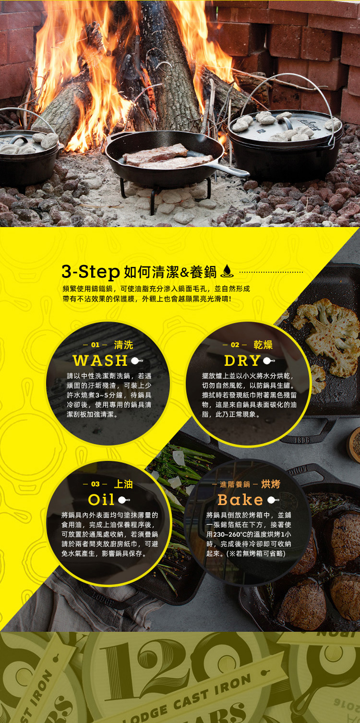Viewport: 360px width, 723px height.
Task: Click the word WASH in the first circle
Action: [x=100, y=361]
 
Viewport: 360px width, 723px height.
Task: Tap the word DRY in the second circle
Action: [x=242, y=361]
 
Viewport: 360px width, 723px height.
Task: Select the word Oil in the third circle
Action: [x=101, y=500]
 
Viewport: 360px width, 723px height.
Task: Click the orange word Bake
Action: [x=240, y=500]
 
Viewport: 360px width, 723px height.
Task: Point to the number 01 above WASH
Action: [x=95, y=345]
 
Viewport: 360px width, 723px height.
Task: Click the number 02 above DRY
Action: [x=235, y=345]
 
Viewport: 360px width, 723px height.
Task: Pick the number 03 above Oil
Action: [x=95, y=484]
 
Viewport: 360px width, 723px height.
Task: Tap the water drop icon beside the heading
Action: [x=227, y=271]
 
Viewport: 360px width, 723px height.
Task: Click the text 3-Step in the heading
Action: [x=91, y=272]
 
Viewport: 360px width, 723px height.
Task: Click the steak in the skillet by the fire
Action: [x=165, y=156]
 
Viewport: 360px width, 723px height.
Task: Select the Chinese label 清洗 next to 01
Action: [x=123, y=345]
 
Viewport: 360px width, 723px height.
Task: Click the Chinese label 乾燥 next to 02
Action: [x=263, y=345]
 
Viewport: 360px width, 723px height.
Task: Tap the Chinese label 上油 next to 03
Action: [x=123, y=484]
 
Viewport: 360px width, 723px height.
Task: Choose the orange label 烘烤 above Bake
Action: [x=271, y=484]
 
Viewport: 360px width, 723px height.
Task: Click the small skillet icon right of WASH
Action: [x=137, y=361]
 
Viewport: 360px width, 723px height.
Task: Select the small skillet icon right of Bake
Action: [x=273, y=500]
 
